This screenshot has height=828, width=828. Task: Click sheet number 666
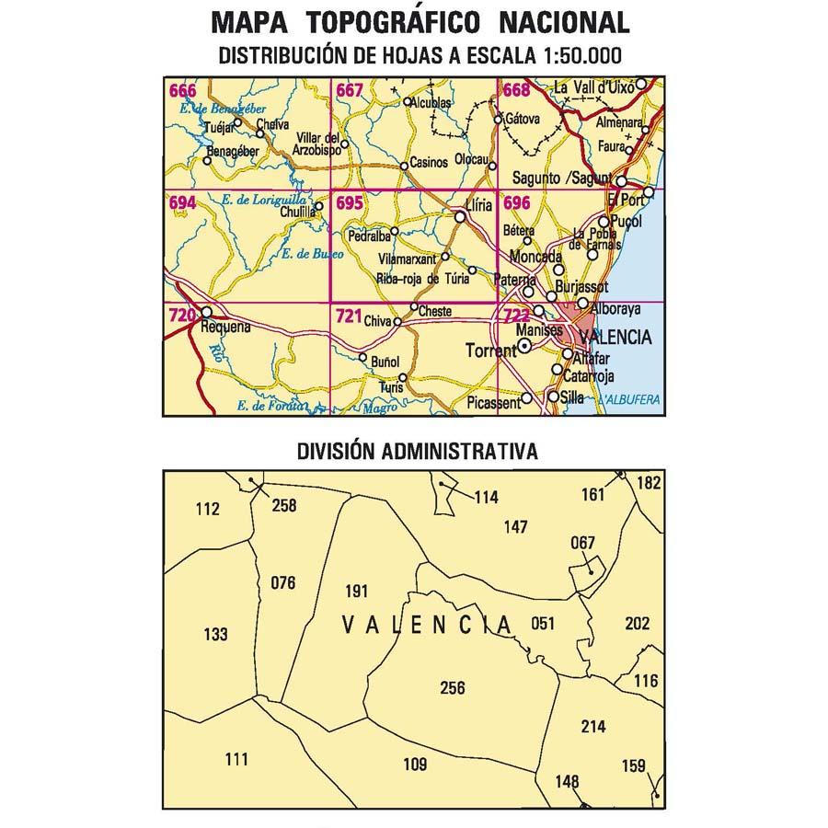coord(182,90)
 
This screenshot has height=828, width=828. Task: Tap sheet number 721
coord(348,316)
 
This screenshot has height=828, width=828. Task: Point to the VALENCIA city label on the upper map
coord(616,338)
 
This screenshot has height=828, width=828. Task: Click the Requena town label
coord(225,326)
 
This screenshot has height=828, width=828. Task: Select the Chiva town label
coord(377,321)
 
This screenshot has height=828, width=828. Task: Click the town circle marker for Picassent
coord(526,399)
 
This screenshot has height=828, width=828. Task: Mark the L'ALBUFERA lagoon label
coord(630,400)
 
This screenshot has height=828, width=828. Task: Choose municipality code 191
coord(355,592)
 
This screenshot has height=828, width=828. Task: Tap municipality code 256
coord(453,688)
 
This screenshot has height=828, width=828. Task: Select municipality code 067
coord(583,542)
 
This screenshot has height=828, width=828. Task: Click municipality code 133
coord(214,634)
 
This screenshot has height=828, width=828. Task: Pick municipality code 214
coord(593,727)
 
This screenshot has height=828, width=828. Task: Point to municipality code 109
coord(416,764)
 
